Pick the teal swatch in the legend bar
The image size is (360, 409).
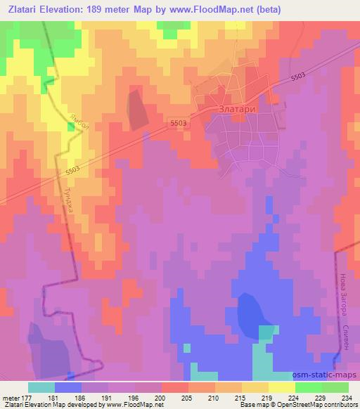click(41, 387)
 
